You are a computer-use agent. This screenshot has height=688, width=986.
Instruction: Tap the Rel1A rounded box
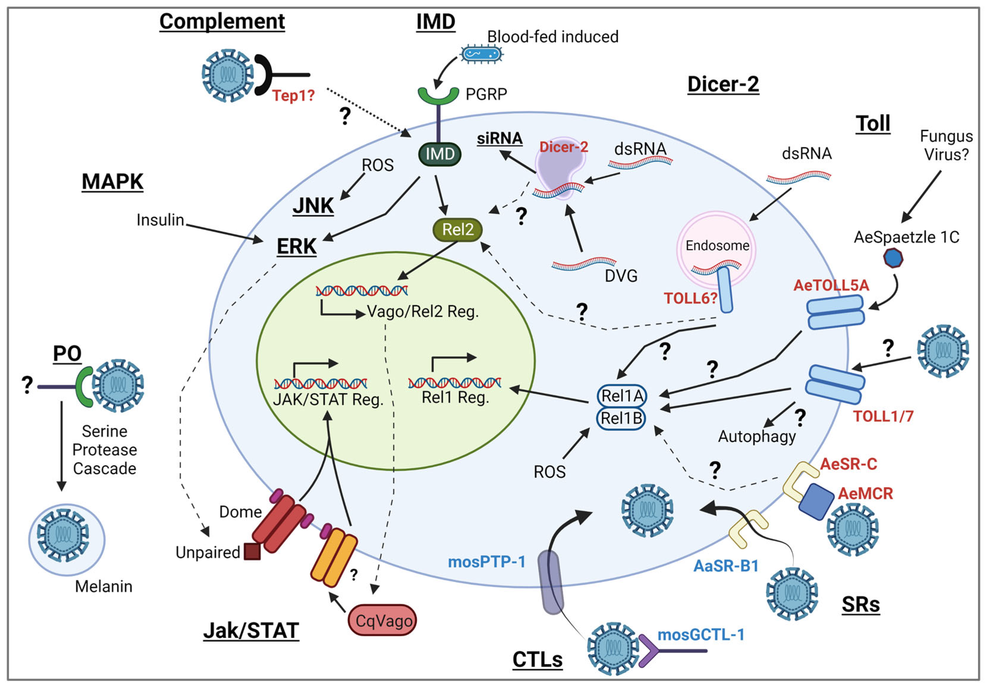(x=621, y=395)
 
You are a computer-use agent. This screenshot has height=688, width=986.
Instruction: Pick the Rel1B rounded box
(x=621, y=418)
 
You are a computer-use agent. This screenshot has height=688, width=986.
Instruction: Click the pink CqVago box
(x=382, y=620)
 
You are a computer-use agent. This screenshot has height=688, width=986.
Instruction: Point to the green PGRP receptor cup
(x=438, y=95)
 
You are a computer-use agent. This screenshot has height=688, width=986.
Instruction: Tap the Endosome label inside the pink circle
(x=717, y=245)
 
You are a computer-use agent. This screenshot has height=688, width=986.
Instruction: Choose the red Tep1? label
(x=293, y=95)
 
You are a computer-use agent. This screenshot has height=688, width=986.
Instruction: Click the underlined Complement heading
(x=222, y=21)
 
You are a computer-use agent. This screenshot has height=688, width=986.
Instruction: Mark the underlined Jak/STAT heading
(x=251, y=630)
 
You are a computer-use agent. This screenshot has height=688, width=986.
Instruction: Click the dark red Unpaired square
(x=252, y=551)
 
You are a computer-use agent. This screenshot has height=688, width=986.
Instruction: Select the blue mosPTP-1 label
(x=486, y=562)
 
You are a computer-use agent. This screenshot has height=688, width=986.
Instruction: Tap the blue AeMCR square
(x=816, y=501)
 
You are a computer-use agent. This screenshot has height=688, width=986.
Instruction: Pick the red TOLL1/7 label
(x=883, y=416)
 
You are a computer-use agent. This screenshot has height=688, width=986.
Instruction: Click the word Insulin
(x=160, y=220)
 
